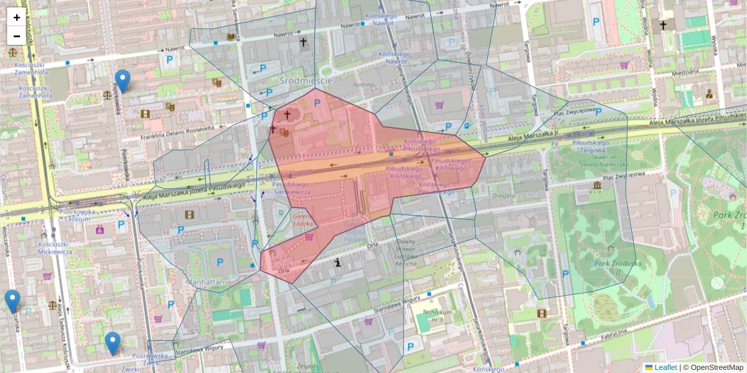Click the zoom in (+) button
coord(17,17)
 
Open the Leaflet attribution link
coord(665,367)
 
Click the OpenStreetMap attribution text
coord(713,367)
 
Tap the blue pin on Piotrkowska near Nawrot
coord(123,80)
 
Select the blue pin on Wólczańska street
coord(12,300)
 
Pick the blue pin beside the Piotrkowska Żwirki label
coord(112,343)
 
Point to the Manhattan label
coord(205,282)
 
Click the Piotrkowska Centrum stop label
coord(78,215)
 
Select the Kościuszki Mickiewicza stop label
coord(56,248)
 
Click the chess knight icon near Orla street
coord(337,262)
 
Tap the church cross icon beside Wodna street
coord(664,25)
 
